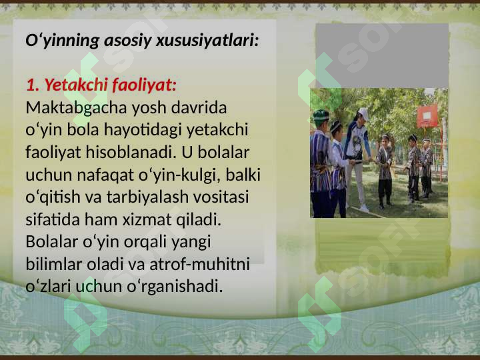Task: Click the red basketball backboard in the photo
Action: (x=427, y=115)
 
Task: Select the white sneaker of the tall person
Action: (x=364, y=208)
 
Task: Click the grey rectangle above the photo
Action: (x=381, y=55)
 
